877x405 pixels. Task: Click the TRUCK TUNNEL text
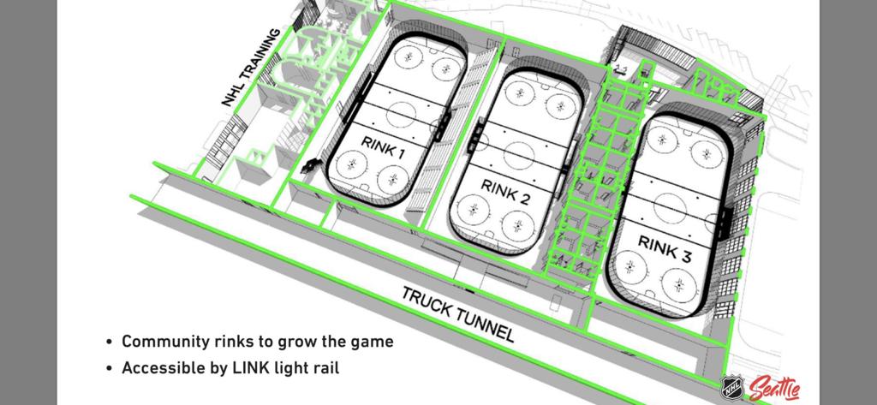coord(458,313)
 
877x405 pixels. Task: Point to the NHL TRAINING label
coord(250,68)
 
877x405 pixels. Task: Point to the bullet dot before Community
coord(109,342)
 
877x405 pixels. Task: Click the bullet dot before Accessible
coord(109,369)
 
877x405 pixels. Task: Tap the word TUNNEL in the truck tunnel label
coord(483,323)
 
